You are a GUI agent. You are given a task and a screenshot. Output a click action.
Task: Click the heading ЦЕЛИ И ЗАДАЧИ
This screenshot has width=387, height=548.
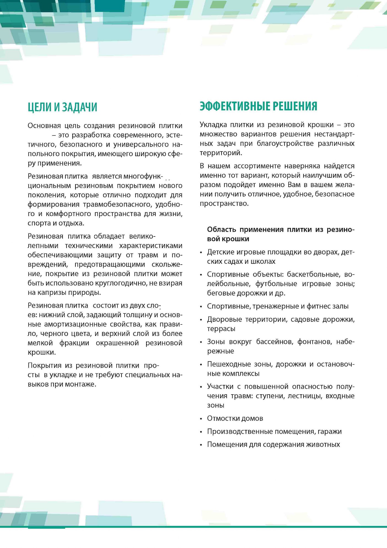click(62, 107)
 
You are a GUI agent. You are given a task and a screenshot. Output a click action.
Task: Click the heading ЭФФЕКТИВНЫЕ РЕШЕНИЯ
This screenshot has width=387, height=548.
click(258, 106)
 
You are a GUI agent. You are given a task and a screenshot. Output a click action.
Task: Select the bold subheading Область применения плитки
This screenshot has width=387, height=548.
click(280, 234)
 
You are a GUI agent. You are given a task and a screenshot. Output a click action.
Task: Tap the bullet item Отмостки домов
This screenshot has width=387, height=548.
click(235, 418)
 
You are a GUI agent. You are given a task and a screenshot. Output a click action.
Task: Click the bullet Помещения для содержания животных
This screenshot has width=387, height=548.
click(273, 444)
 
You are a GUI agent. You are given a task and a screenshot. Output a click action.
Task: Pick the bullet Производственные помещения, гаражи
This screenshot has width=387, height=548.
click(274, 431)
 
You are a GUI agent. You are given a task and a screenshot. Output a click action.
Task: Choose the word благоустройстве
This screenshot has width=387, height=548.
click(285, 143)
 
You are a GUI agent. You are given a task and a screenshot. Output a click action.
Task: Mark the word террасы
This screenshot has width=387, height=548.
click(221, 329)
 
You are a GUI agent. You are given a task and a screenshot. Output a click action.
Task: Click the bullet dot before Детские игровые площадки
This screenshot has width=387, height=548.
click(201, 252)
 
